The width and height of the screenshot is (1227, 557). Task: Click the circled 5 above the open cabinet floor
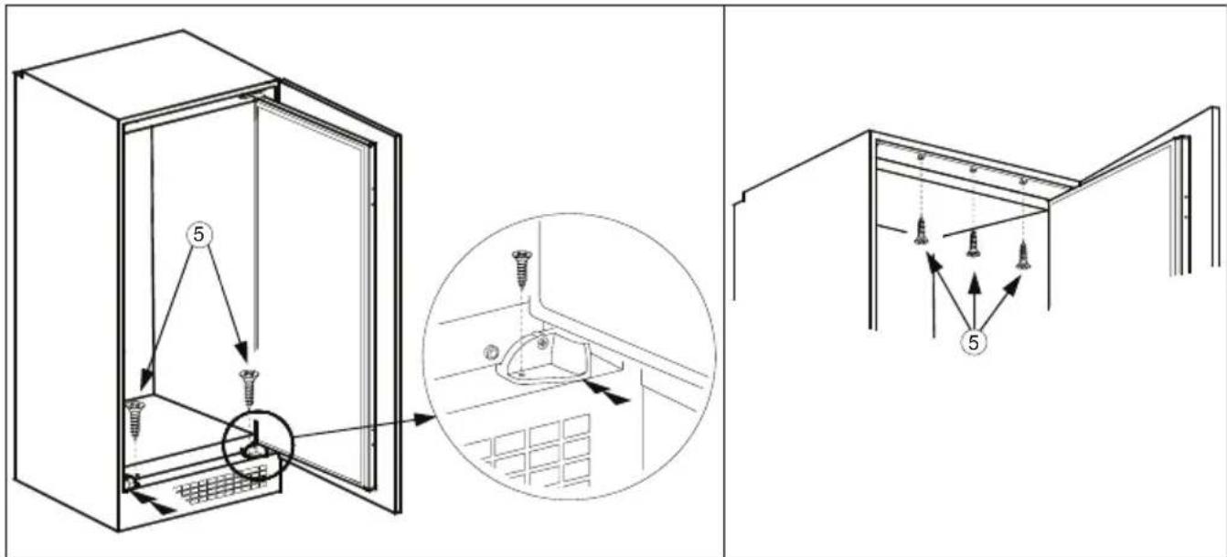[x=199, y=235]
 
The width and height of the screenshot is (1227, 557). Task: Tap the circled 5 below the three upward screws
[x=975, y=344]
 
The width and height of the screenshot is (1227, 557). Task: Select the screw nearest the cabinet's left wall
[x=137, y=417]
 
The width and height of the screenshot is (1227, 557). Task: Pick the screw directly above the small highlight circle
[x=247, y=386]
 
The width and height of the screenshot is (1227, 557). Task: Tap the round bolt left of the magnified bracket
[x=491, y=351]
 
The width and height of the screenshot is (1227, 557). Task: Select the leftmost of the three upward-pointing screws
[x=921, y=231]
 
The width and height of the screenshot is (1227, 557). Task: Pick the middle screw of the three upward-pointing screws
[x=974, y=242]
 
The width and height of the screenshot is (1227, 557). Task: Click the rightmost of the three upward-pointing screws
[x=1023, y=253]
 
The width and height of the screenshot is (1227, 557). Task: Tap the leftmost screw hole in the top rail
[x=921, y=157]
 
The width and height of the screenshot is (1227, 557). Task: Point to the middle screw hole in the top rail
[x=973, y=170]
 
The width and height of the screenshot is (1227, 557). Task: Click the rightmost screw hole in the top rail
[x=1022, y=183]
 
